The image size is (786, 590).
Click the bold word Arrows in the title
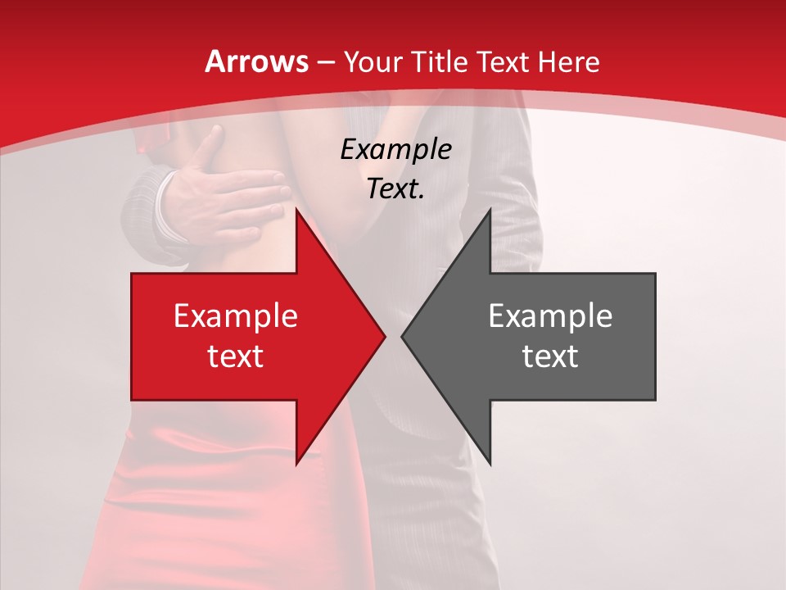pos(256,61)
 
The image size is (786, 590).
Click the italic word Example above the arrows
pos(396,150)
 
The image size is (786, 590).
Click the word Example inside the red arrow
pos(236,316)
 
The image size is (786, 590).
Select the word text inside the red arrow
pos(236,356)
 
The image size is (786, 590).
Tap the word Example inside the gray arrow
pos(550,316)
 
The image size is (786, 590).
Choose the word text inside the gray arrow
pos(550,356)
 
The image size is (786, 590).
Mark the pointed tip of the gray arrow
pos(404,336)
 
